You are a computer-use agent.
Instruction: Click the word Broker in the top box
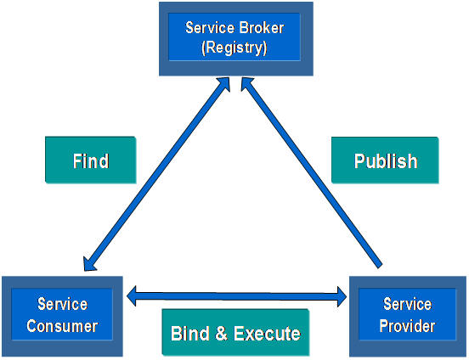pos(262,28)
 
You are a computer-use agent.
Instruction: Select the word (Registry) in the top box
pos(234,48)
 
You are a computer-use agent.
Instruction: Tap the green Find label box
pos(91,160)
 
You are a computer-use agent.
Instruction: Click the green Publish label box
pos(385,160)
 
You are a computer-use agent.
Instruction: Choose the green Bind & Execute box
pos(235,332)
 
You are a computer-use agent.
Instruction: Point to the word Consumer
pos(62,326)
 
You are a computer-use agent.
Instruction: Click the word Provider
pos(407,326)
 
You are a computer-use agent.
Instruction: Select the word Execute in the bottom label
pos(267,334)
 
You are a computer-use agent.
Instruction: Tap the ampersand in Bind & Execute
pos(221,334)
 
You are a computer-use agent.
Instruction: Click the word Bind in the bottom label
pos(190,334)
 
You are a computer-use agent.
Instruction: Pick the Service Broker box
pos(236,39)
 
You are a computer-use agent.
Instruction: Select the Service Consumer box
pos(62,316)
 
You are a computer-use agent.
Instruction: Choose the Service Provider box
pos(407,316)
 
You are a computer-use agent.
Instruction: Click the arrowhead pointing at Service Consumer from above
pos(89,264)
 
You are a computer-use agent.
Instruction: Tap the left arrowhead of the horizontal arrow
pos(132,296)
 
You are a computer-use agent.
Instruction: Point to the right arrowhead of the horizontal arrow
pos(342,296)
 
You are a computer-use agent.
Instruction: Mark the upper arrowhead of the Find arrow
pos(224,83)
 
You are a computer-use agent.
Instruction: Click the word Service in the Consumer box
pos(63,304)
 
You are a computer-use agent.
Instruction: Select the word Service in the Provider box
pos(407,304)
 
